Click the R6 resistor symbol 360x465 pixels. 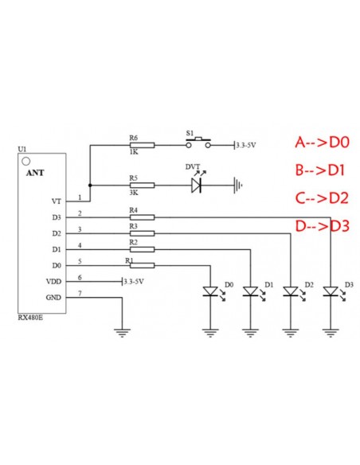click(142, 145)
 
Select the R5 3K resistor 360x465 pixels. click(142, 186)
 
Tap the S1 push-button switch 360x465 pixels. click(198, 143)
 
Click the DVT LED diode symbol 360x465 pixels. click(196, 186)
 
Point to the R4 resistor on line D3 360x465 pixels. click(142, 217)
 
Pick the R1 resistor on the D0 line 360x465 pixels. click(142, 265)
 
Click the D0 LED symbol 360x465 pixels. click(210, 291)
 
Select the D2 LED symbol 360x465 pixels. click(291, 291)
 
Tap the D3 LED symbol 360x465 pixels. click(331, 291)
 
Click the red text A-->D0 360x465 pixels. click(323, 143)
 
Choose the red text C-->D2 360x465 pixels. click(322, 198)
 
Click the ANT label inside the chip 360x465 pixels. click(35, 173)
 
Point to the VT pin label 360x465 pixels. click(57, 201)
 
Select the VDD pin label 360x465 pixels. click(53, 281)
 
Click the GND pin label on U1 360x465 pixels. click(53, 298)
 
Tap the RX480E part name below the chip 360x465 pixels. click(30, 318)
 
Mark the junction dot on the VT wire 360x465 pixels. click(90, 186)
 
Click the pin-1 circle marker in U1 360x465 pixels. click(26, 162)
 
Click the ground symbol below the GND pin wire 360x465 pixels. click(122, 333)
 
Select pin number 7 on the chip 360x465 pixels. click(80, 293)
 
